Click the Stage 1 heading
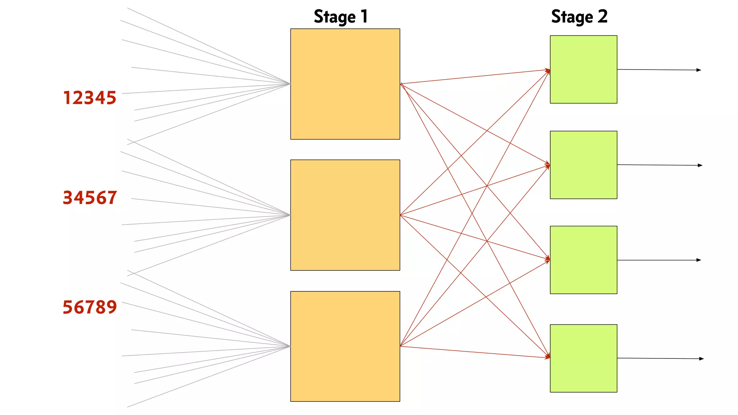tap(341, 17)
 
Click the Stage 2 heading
tap(579, 17)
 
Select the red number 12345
tap(90, 98)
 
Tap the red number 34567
tap(90, 198)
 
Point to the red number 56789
tap(90, 307)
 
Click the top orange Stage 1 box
tap(345, 84)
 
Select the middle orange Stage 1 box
tap(345, 215)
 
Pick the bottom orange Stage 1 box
tap(345, 346)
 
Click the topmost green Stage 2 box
tap(583, 69)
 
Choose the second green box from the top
tap(583, 165)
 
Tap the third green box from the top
tap(583, 260)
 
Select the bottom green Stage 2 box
tap(583, 358)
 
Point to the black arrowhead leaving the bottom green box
tap(701, 358)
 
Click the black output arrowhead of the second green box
tap(700, 165)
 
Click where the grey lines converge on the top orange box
tap(289, 84)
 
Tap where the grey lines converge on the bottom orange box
tap(289, 346)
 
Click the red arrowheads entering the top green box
tap(548, 71)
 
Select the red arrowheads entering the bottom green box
tap(548, 357)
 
